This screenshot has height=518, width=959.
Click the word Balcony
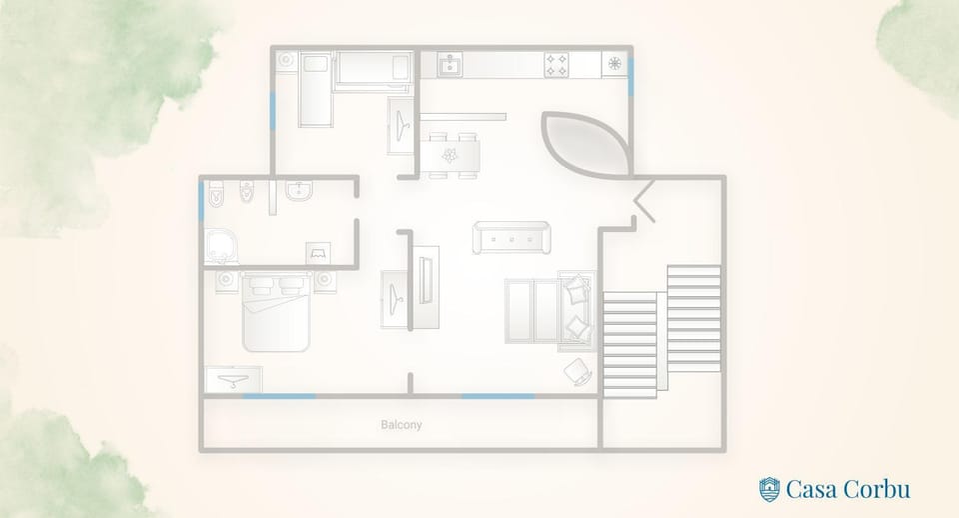(x=402, y=424)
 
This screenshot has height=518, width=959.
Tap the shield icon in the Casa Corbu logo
(x=769, y=490)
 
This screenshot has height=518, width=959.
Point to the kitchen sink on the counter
(x=450, y=65)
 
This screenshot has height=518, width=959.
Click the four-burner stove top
(x=556, y=65)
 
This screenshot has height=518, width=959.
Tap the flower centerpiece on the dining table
(x=450, y=156)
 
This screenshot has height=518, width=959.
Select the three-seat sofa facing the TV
(x=511, y=238)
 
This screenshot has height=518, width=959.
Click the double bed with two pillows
(x=276, y=312)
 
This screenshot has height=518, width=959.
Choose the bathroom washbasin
(x=299, y=191)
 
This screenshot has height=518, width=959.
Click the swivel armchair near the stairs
(x=578, y=372)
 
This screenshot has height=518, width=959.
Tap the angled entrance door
(x=644, y=200)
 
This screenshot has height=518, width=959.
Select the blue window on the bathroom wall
(x=201, y=202)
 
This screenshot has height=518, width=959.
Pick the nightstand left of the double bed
(x=227, y=281)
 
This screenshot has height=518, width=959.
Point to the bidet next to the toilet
(x=247, y=192)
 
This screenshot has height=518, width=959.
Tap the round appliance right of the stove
(x=614, y=64)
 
